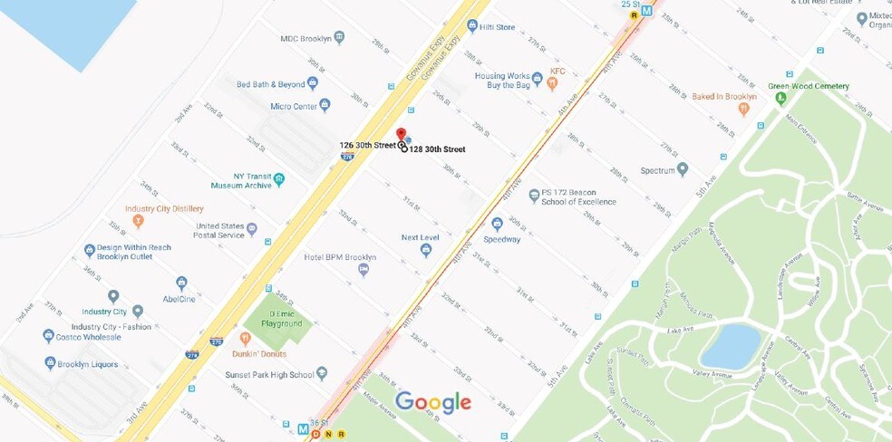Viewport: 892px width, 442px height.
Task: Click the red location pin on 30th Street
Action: tap(401, 134)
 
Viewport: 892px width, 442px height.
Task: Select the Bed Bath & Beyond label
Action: tap(270, 84)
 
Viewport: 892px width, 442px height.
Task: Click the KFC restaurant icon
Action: tap(551, 82)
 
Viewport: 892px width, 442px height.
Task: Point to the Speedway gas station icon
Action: tap(497, 224)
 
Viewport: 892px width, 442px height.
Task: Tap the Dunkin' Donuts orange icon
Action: tap(245, 338)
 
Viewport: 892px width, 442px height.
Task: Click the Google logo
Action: tap(433, 402)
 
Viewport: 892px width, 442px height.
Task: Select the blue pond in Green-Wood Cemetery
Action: tap(730, 345)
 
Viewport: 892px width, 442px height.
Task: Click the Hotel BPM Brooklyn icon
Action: tap(364, 269)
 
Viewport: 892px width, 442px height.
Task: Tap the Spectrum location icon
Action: tap(683, 169)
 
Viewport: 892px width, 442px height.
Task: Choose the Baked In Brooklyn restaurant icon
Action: tap(743, 109)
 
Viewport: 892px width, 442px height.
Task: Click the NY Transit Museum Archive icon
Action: tap(279, 179)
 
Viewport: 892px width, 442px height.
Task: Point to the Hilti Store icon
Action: tap(472, 27)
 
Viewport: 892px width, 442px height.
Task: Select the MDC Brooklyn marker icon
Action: tap(339, 37)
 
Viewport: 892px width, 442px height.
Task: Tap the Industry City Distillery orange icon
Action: tap(138, 221)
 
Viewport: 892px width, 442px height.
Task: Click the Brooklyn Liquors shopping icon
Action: tap(50, 363)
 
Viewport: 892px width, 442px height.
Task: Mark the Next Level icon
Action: tap(426, 250)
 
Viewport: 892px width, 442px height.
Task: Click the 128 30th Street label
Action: tap(437, 149)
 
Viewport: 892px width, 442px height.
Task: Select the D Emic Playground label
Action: tap(281, 319)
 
